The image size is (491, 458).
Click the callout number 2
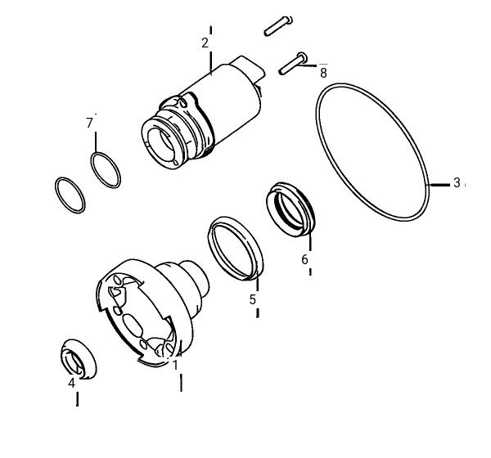(x=205, y=43)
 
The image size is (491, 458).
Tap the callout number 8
(x=323, y=73)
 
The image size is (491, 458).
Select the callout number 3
(x=457, y=182)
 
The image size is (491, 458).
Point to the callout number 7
(x=89, y=123)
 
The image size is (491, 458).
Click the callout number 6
(x=304, y=259)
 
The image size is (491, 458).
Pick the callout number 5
(x=253, y=299)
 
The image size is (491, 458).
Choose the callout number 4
(x=72, y=383)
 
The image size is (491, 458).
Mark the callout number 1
(x=175, y=365)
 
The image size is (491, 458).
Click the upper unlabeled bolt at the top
(x=278, y=26)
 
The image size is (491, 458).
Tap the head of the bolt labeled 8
(x=302, y=57)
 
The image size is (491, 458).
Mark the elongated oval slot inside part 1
(x=133, y=325)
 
